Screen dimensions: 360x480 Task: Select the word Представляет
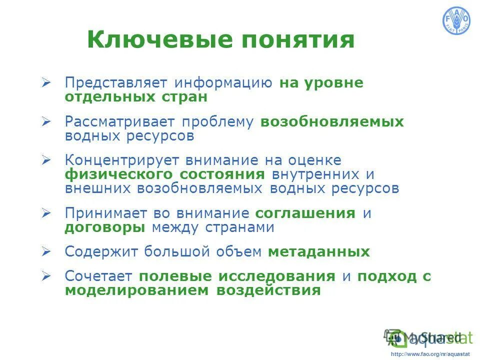click(x=116, y=83)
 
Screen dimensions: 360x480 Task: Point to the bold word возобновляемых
click(x=331, y=122)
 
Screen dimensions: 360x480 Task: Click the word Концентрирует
click(x=123, y=160)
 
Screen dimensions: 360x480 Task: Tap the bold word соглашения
click(x=305, y=213)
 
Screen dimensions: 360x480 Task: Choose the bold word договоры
click(x=105, y=227)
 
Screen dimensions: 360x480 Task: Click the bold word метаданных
click(x=319, y=252)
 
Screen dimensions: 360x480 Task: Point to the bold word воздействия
click(x=268, y=290)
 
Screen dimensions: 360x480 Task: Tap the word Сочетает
click(x=98, y=276)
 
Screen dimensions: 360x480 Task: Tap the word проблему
click(x=218, y=122)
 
